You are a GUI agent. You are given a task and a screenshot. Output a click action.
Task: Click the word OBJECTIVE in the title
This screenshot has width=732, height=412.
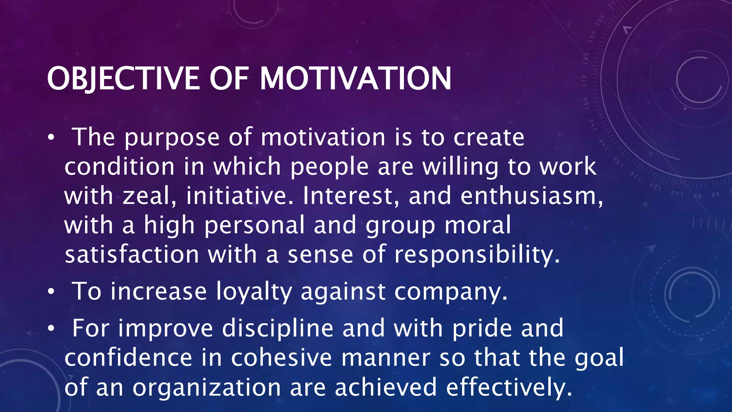coord(123,79)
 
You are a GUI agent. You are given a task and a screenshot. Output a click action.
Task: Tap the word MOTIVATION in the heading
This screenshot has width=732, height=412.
coord(355,79)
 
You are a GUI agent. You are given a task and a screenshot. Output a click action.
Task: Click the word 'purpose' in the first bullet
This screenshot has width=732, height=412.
coord(172,138)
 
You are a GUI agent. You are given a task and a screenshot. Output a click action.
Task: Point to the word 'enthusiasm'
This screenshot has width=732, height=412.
coord(531,196)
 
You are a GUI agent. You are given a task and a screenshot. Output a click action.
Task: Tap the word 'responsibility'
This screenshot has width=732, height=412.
coord(477,255)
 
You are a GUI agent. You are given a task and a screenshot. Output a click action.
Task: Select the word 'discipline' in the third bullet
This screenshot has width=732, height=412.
coord(278,328)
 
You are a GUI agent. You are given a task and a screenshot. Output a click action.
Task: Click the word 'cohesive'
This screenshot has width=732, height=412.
coord(282,358)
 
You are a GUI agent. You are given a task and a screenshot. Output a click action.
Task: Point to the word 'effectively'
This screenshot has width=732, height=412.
coord(509,388)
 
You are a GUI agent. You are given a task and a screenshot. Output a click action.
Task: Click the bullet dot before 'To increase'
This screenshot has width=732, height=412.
coord(51,292)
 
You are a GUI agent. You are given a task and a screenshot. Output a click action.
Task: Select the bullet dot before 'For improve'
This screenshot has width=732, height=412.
coord(51,329)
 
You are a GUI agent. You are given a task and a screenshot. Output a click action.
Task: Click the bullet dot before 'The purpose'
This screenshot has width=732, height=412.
coord(51,138)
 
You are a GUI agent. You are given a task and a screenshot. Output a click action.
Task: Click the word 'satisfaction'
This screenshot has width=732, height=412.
coord(132,255)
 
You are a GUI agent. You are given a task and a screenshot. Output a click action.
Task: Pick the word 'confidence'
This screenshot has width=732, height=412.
coord(128,358)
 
